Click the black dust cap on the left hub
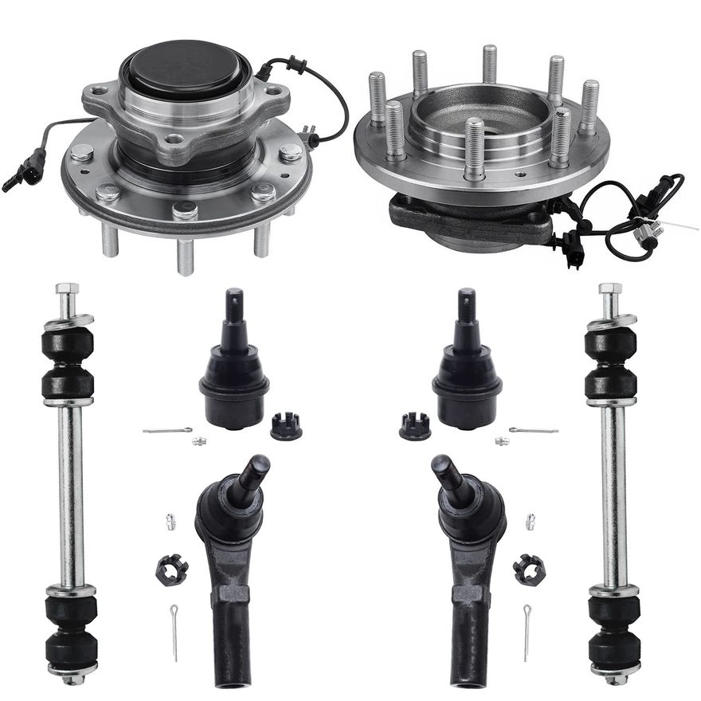click(186, 70)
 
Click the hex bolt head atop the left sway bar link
click(68, 290)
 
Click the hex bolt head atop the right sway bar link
click(609, 290)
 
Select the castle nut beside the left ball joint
click(286, 426)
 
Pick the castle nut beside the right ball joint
click(414, 426)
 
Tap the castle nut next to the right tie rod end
click(528, 569)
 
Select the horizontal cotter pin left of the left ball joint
click(167, 431)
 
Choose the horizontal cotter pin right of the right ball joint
click(533, 431)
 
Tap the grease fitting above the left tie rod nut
click(170, 522)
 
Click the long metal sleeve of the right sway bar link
click(613, 494)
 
